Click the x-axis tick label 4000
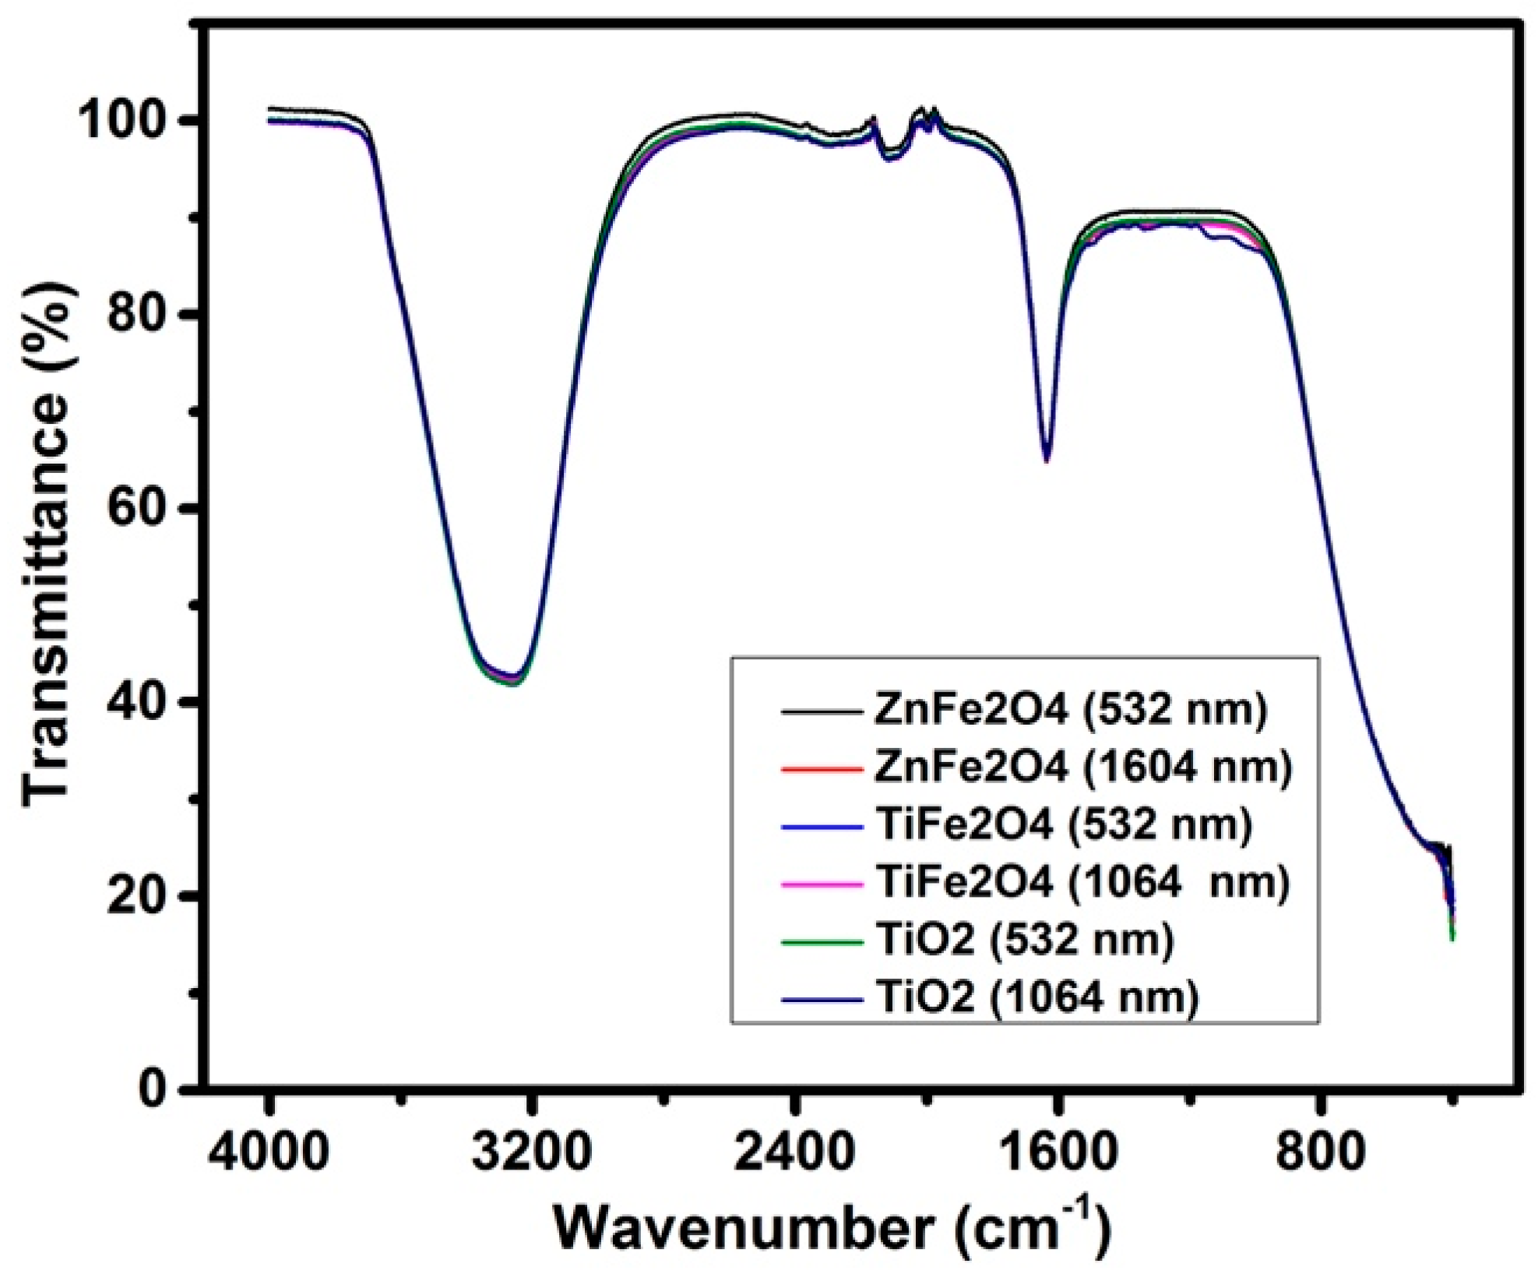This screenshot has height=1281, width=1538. click(269, 1152)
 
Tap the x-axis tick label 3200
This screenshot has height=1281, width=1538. click(531, 1152)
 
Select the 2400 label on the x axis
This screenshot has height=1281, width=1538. click(794, 1152)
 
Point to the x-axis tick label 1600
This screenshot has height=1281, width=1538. click(1058, 1152)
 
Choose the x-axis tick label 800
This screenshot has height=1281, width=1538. click(1321, 1152)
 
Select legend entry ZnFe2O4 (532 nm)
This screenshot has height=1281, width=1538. click(1071, 710)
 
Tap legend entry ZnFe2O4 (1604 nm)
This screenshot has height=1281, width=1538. click(1083, 768)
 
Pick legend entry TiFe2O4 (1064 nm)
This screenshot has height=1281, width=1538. click(1082, 883)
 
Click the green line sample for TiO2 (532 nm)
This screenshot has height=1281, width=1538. click(822, 941)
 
